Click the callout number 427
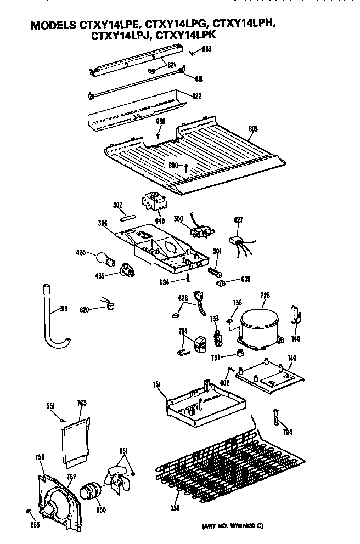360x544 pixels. point(238,220)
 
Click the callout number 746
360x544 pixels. point(291,359)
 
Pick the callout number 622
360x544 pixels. point(196,97)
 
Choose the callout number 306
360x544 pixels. point(104,223)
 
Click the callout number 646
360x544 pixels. point(159,220)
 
